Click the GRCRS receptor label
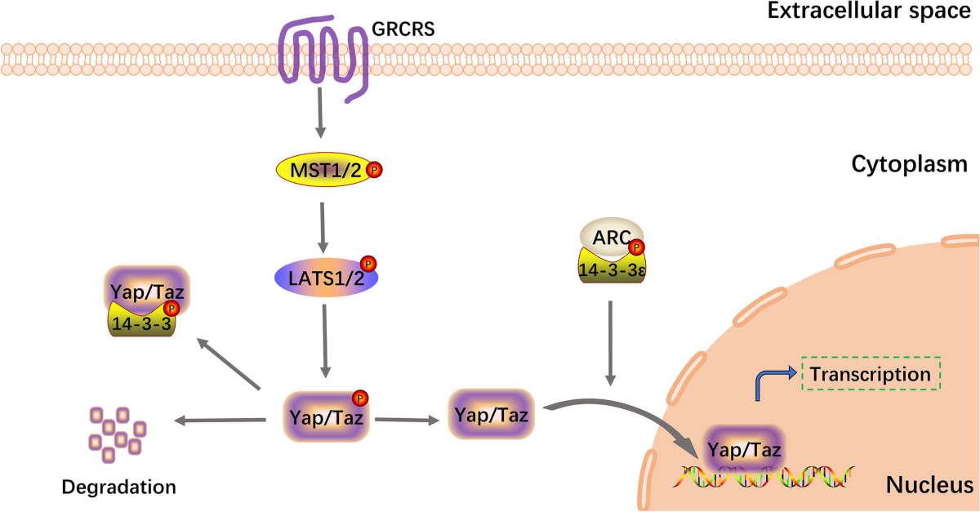[x=403, y=29]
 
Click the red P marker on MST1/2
[x=374, y=170]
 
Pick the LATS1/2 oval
[x=326, y=278]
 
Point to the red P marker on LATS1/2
[x=368, y=264]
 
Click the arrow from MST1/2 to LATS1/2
[x=323, y=228]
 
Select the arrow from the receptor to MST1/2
[x=320, y=113]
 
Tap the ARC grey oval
[x=611, y=237]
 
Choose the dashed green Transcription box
[x=871, y=374]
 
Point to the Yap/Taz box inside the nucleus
[x=744, y=449]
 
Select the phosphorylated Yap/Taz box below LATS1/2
[x=326, y=416]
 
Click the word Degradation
[x=118, y=487]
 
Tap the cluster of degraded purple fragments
[x=118, y=434]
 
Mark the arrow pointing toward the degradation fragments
[x=220, y=421]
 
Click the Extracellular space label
[x=869, y=11]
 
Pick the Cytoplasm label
[x=909, y=164]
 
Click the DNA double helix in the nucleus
[x=763, y=477]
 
